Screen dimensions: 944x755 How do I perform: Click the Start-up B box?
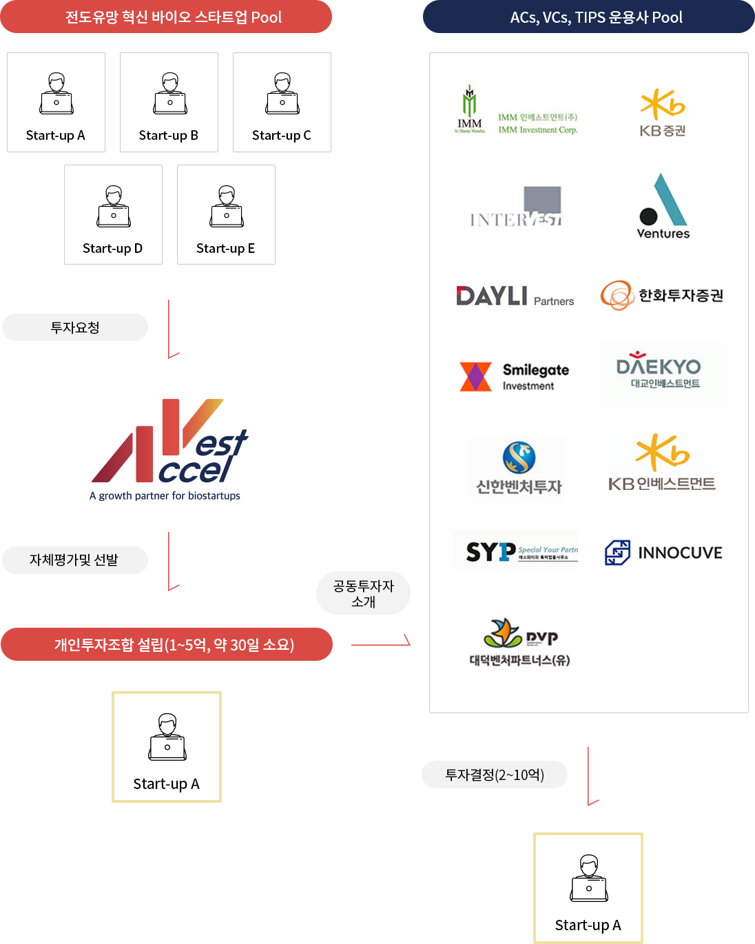pos(169,102)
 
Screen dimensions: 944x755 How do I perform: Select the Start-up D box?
pos(113,214)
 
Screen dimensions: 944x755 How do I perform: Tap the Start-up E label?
pos(225,248)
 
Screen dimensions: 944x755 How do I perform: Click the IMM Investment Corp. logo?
pos(515,112)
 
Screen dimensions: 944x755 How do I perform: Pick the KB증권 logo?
pos(662,112)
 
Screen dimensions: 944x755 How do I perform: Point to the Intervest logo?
pos(515,205)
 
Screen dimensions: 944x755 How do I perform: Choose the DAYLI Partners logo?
pos(515,291)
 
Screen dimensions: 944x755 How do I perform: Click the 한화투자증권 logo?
pos(662,296)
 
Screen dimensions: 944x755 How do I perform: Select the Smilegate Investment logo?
pos(515,375)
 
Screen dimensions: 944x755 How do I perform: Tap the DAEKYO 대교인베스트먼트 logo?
pos(662,373)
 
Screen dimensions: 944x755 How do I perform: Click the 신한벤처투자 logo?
pos(515,469)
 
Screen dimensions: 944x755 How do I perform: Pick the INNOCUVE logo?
pos(662,553)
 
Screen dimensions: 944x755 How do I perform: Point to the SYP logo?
pos(515,550)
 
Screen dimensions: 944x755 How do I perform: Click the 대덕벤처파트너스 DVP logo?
pos(518,643)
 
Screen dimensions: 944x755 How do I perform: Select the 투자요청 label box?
pos(74,327)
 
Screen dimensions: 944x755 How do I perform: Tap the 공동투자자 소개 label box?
pos(363,593)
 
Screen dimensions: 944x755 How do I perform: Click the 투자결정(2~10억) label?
pos(495,774)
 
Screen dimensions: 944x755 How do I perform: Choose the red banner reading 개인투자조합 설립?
pos(167,644)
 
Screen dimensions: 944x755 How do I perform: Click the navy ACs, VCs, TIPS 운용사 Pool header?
pos(588,17)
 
